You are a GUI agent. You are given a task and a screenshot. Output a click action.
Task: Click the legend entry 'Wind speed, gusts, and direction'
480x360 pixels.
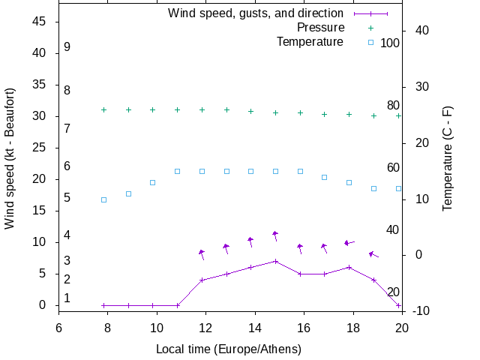coord(256,13)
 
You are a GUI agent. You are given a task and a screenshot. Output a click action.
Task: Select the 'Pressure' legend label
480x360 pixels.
coord(321,28)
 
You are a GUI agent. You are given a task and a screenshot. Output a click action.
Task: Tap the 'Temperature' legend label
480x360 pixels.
coord(310,42)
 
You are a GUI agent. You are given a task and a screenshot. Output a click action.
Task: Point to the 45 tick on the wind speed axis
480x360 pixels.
coord(40,22)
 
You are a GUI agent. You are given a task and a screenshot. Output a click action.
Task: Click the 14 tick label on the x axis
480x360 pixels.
coord(255,327)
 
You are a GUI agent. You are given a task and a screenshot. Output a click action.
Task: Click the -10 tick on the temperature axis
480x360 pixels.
coord(421,310)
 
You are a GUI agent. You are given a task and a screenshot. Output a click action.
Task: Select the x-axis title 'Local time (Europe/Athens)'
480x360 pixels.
coord(229,349)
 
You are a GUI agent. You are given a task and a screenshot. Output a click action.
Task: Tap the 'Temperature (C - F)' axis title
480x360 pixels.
coord(448,157)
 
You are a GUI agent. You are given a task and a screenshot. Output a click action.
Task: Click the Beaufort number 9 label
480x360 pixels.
coord(67,47)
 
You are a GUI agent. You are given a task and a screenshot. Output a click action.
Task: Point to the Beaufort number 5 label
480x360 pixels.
coord(67,198)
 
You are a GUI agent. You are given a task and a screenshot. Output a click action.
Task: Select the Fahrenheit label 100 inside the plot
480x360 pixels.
coord(390,43)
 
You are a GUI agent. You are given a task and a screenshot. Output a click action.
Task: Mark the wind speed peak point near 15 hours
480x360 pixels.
coord(275,261)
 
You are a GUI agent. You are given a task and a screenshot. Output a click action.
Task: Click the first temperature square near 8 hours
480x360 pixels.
coord(103,199)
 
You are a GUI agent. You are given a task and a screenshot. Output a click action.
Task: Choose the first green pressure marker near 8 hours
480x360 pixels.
coord(103,109)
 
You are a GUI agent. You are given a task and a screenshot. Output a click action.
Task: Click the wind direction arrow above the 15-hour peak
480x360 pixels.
coord(275,235)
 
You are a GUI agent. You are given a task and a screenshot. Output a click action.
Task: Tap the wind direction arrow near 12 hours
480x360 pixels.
coord(201,254)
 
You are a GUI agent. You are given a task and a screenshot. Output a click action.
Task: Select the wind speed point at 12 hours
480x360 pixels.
coord(202,280)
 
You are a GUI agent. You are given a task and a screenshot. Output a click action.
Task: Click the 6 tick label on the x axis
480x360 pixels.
coord(58,327)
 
